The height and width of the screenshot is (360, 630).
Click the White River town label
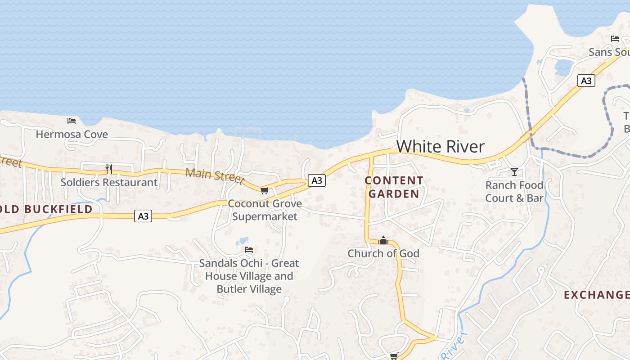tap(441, 147)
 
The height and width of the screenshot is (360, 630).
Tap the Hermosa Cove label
tap(72, 134)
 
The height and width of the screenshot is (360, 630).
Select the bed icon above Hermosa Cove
tap(72, 121)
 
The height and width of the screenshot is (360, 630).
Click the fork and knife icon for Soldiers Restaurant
tap(108, 169)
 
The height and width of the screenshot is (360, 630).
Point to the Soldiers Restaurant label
tap(109, 182)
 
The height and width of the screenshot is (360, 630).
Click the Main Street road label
tap(216, 175)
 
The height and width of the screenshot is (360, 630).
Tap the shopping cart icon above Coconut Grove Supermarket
tap(264, 190)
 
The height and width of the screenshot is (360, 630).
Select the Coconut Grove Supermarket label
tap(265, 210)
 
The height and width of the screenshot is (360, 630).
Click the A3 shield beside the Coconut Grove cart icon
tap(317, 180)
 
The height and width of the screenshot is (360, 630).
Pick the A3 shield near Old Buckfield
tap(143, 216)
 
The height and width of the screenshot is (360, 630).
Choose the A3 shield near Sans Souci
tap(586, 81)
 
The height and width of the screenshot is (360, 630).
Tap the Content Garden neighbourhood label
tap(394, 187)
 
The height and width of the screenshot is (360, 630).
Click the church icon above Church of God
tap(383, 240)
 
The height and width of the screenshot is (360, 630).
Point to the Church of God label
tap(383, 253)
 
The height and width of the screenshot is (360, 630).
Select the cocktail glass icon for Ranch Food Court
tap(514, 171)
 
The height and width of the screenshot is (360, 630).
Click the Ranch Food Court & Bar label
tap(514, 191)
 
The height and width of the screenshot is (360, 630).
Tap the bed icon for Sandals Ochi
tap(249, 249)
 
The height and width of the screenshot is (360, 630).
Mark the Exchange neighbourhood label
tap(597, 295)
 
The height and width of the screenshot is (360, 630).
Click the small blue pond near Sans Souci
tap(563, 67)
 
